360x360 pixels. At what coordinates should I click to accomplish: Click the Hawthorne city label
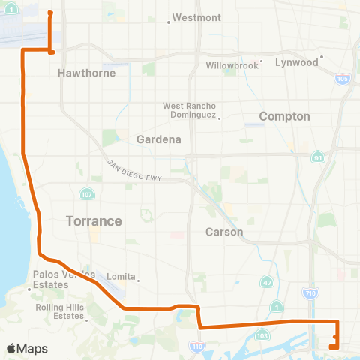click(x=79, y=73)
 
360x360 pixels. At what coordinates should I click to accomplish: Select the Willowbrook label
click(x=232, y=65)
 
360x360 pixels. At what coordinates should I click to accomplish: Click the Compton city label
click(x=284, y=116)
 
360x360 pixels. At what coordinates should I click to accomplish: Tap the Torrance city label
click(x=94, y=221)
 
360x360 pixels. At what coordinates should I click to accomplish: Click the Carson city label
click(x=224, y=232)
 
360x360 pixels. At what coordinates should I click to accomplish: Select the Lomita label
click(x=120, y=276)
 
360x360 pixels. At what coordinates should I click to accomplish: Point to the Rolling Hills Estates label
click(x=59, y=311)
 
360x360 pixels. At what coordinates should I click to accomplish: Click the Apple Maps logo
click(x=27, y=348)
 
